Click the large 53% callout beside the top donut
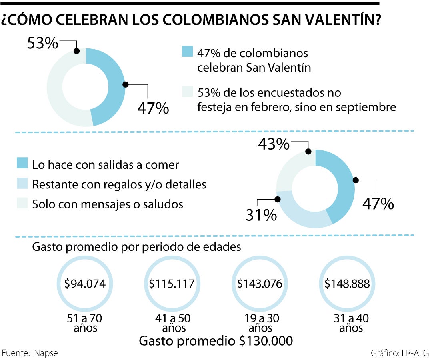coord(43,44)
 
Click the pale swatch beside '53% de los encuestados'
coord(187,92)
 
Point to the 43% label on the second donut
coord(274,144)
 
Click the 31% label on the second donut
coord(261,216)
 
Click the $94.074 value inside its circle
coord(85,284)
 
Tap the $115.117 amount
coord(172,284)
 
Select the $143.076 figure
coord(260,284)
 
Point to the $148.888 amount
coord(346,284)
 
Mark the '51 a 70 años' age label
coord(85,323)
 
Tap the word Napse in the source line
coord(46,353)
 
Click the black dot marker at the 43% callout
coord(308,151)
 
